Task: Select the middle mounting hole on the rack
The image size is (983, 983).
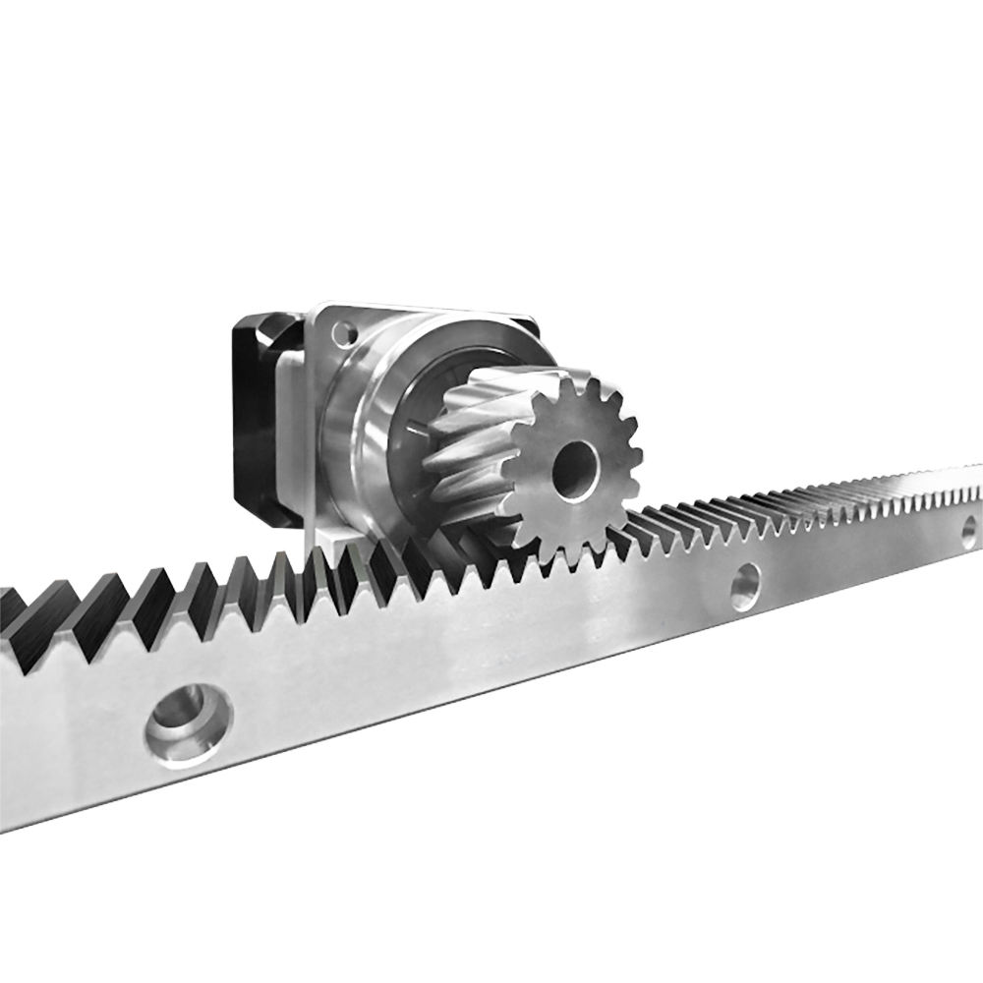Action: pos(745,586)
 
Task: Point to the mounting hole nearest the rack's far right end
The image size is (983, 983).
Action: pos(968,532)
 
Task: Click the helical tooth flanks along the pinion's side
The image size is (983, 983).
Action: pos(472,433)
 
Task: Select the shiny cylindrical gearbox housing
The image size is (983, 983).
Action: pos(369,423)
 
